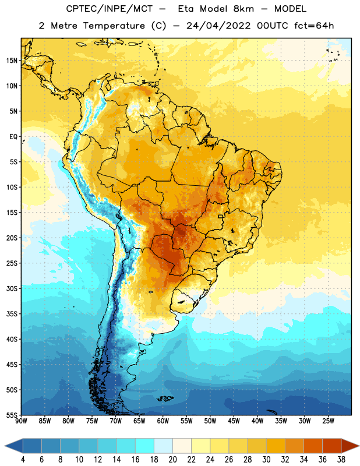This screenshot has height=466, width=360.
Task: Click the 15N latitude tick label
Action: point(12,61)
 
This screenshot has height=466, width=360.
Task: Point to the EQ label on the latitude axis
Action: point(13,137)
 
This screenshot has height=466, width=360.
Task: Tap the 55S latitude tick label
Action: point(12,415)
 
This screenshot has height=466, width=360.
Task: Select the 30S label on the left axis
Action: point(12,288)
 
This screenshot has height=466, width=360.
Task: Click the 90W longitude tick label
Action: point(21,421)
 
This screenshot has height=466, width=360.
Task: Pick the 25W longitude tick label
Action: point(328,421)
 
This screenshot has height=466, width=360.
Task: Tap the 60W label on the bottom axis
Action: point(163,421)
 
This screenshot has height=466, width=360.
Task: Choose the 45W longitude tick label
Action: point(234,421)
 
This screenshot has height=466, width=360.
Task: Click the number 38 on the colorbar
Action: point(341,460)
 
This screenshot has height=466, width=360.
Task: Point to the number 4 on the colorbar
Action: point(23,460)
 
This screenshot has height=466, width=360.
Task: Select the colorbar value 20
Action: point(172,460)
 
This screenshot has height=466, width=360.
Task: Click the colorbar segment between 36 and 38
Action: point(332,446)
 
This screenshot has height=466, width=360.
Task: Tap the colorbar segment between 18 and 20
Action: point(163,446)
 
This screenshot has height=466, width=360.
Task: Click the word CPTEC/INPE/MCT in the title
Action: point(109,9)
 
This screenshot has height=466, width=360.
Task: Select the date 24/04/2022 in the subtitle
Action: point(218,26)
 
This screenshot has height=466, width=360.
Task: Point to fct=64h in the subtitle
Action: point(314,26)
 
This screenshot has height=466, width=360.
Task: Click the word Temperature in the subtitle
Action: point(114,26)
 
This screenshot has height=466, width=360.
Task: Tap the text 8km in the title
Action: point(243,9)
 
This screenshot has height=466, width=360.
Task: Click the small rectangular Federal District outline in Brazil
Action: point(221,216)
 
